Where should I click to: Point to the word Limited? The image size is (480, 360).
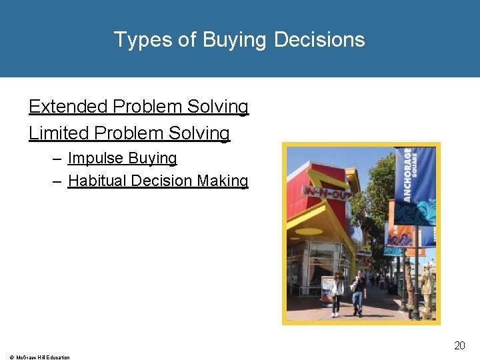click(59, 133)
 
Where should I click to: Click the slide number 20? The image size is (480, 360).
click(459, 345)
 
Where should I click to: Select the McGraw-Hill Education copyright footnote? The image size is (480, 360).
click(37, 357)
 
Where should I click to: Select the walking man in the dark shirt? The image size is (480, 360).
click(359, 291)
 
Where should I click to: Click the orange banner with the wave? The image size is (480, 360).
click(400, 233)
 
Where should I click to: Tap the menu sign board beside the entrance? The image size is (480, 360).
click(327, 288)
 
